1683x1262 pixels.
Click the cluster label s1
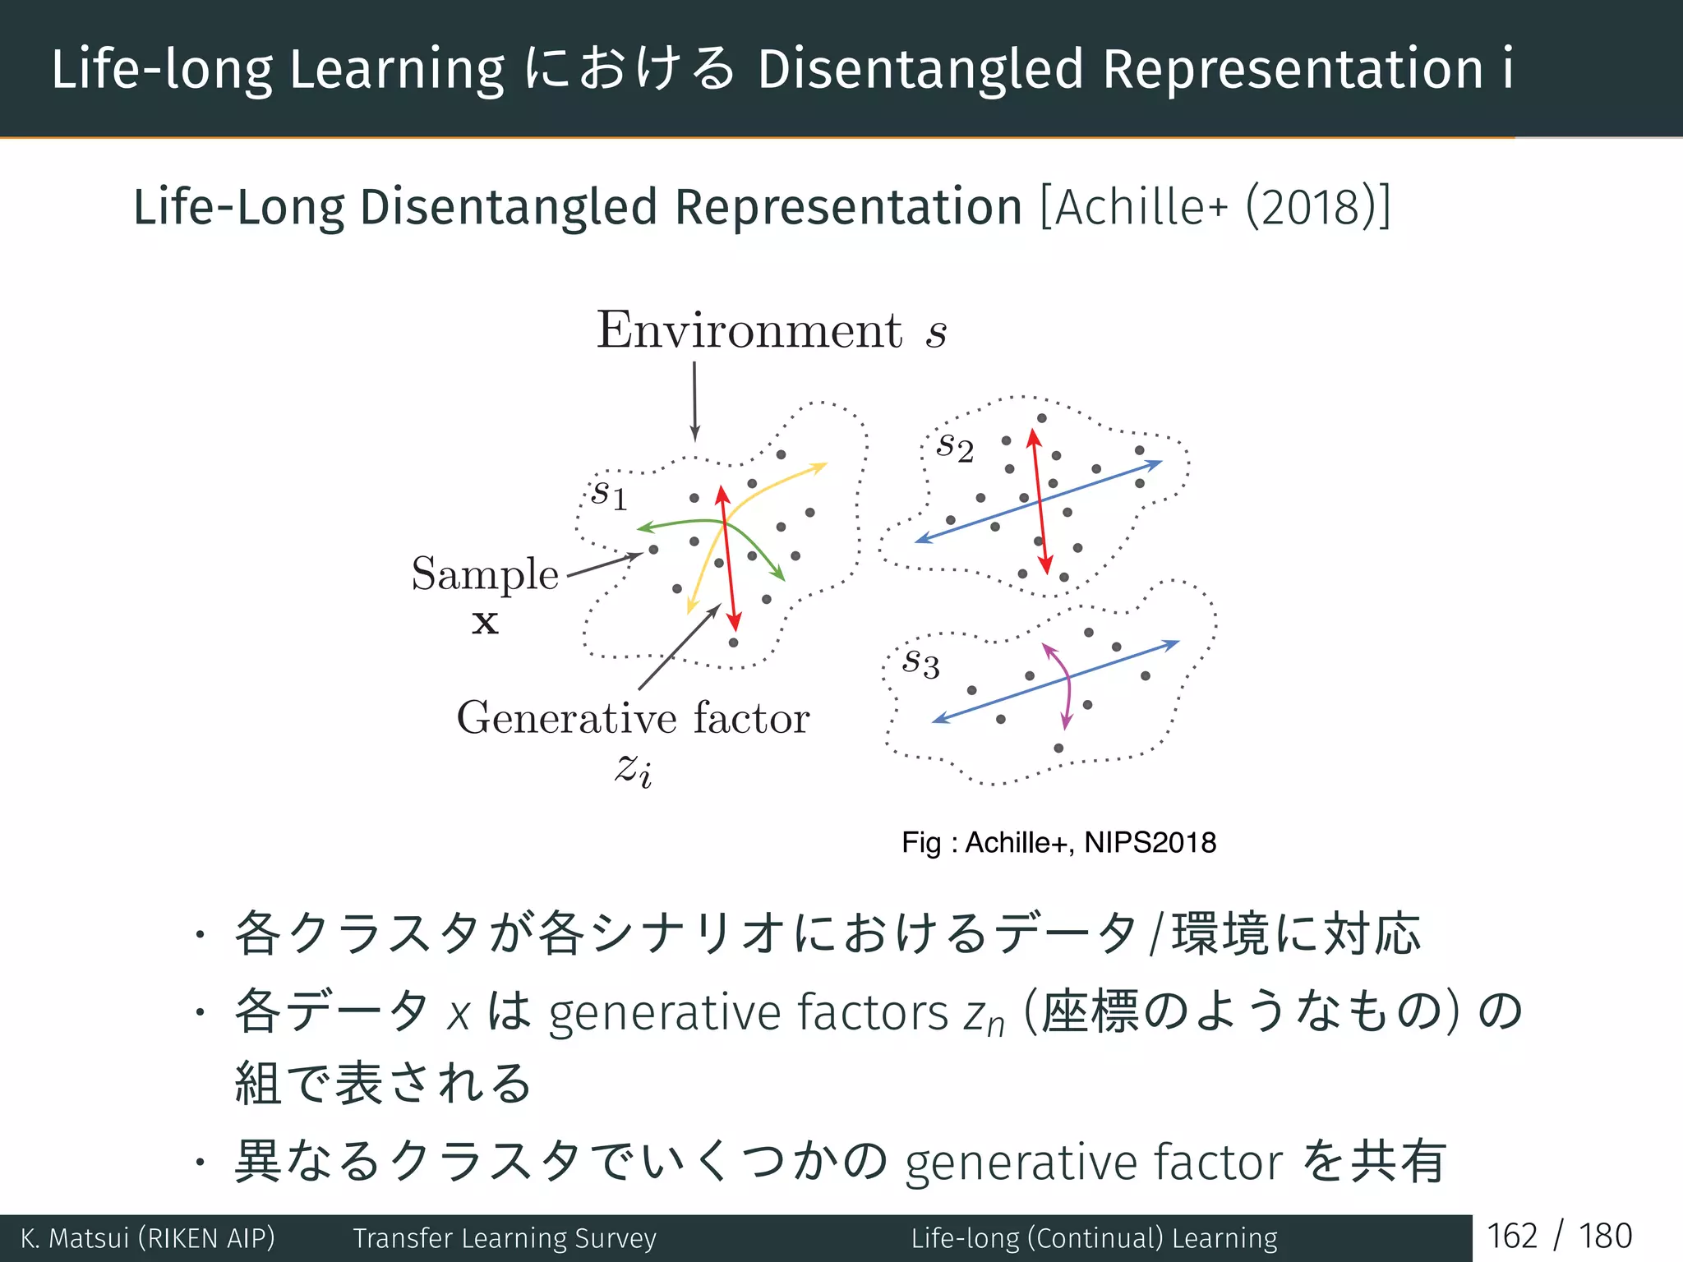pyautogui.click(x=609, y=494)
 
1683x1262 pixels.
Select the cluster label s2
pyautogui.click(x=955, y=447)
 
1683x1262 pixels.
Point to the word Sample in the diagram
pyautogui.click(x=485, y=573)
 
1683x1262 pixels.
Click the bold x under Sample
pyautogui.click(x=485, y=622)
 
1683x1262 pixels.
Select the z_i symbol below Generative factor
pyautogui.click(x=634, y=770)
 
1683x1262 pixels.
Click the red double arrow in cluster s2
pyautogui.click(x=1040, y=501)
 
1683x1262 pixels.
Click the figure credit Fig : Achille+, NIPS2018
pyautogui.click(x=1058, y=843)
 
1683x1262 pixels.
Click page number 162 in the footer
pyautogui.click(x=1511, y=1237)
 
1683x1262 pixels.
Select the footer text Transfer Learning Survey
pyautogui.click(x=505, y=1238)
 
